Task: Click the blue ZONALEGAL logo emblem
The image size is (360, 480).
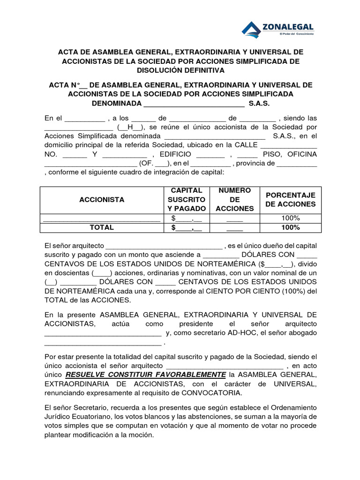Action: tap(252, 29)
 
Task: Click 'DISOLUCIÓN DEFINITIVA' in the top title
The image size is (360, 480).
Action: tap(180, 70)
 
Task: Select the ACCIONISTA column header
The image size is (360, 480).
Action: tap(102, 200)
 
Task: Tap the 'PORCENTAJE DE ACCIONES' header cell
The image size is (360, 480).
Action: tap(290, 200)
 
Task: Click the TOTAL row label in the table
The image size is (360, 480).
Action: tap(102, 227)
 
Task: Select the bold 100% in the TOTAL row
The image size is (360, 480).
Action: tap(290, 227)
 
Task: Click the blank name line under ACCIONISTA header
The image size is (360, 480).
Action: tap(102, 218)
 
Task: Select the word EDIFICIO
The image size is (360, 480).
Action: tap(175, 154)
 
